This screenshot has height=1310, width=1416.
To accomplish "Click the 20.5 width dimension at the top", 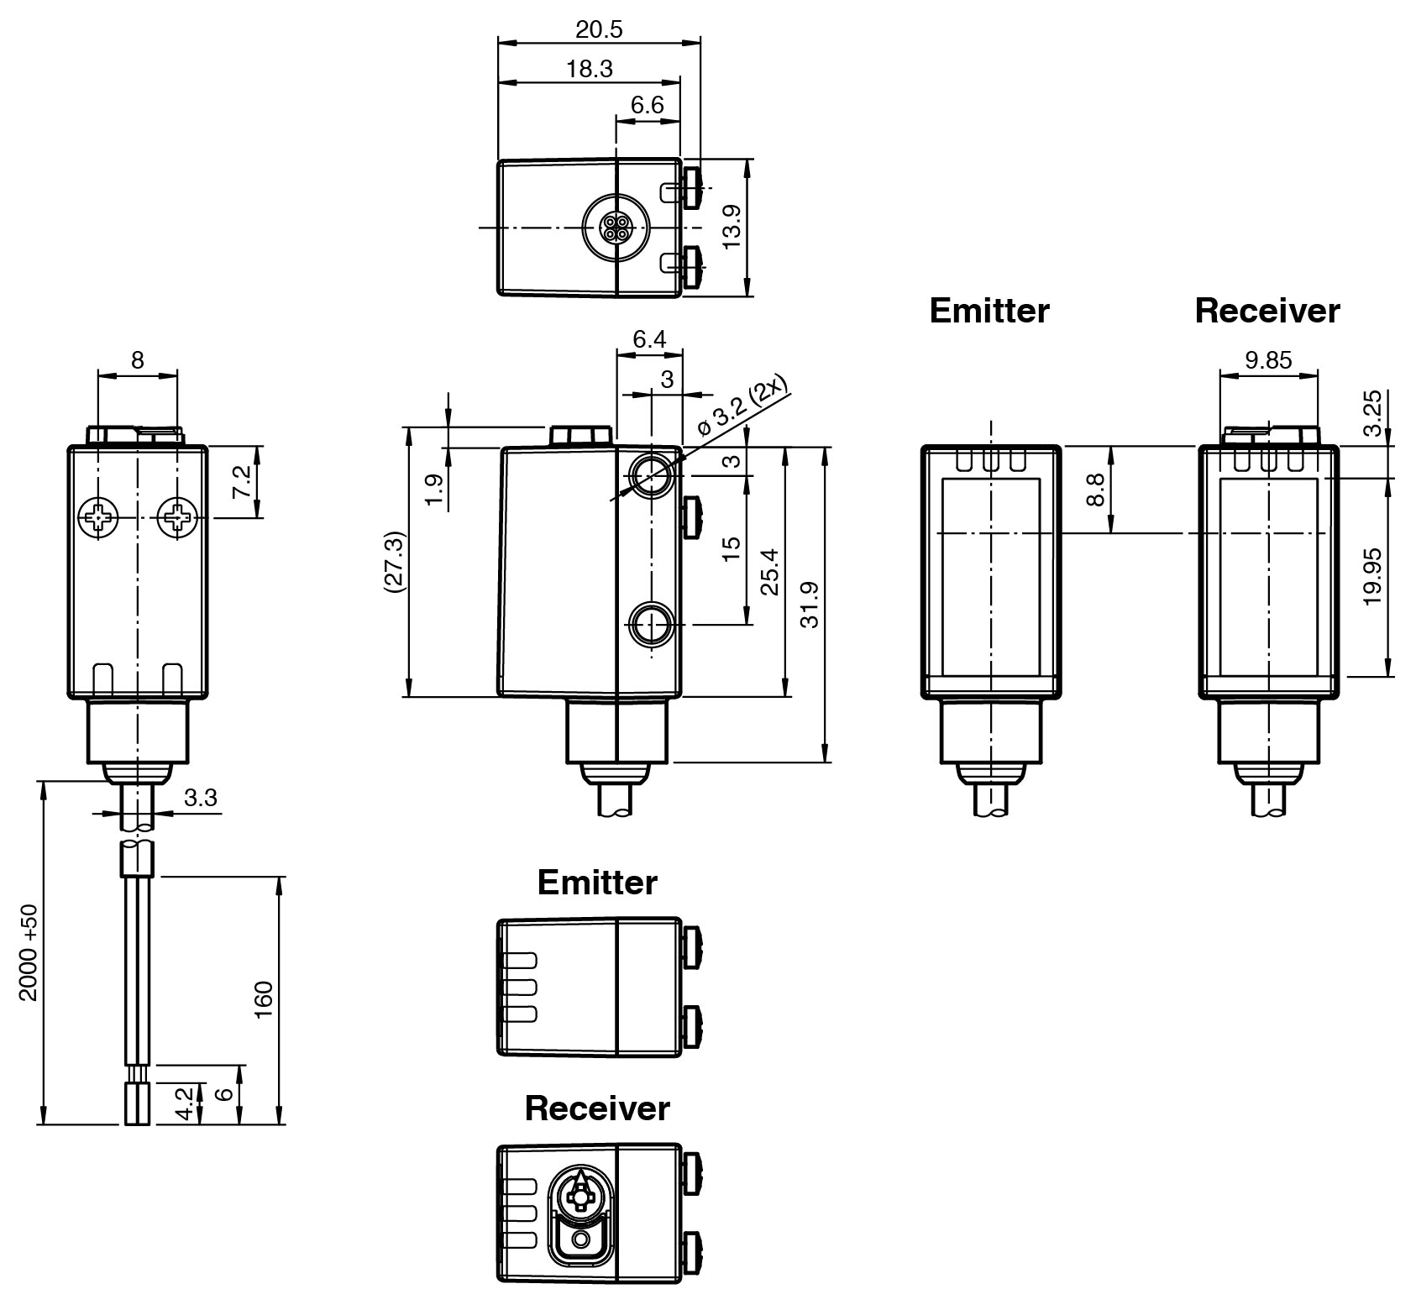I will click(x=599, y=29).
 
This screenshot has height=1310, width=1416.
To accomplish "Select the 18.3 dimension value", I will click(x=589, y=69).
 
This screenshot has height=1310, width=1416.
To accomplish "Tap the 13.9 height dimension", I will click(x=732, y=228).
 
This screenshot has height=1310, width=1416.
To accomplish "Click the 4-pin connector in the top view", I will click(x=616, y=227).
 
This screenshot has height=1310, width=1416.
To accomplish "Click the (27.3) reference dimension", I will click(x=394, y=562).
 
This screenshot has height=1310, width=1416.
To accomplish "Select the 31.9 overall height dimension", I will click(x=810, y=603).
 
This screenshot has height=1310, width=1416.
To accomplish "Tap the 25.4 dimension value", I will click(x=770, y=572).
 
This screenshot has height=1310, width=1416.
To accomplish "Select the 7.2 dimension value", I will click(x=242, y=482).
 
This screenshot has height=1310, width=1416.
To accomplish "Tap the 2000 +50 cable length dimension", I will click(x=29, y=952).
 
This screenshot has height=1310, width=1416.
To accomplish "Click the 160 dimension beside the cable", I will click(x=264, y=998).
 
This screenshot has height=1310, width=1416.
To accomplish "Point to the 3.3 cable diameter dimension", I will click(x=200, y=797).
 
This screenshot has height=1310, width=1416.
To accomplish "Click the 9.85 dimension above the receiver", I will click(x=1268, y=360).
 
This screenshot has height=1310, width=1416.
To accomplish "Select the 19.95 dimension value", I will click(x=1371, y=576).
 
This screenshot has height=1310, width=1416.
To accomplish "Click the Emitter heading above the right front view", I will click(x=989, y=311).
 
